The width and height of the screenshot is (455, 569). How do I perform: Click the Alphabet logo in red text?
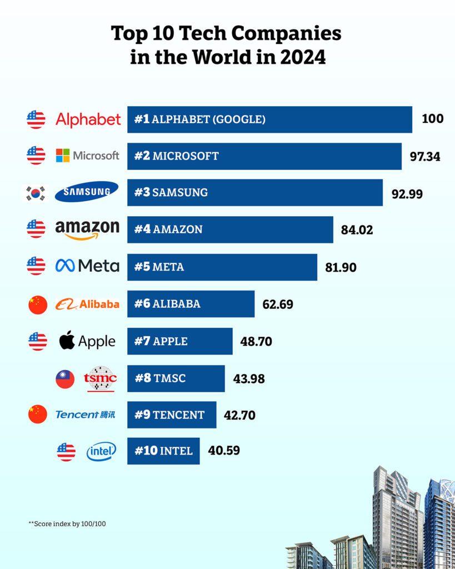pos(88,119)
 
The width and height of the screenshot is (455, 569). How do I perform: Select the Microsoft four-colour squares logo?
pos(63,156)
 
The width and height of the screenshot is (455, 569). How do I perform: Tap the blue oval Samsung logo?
pos(87,192)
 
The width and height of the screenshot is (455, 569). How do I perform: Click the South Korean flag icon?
pos(37,193)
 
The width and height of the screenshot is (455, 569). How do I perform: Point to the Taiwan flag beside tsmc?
pos(65,379)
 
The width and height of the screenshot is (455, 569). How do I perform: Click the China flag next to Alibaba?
pos(38,305)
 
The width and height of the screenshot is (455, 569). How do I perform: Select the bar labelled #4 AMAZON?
pos(230,229)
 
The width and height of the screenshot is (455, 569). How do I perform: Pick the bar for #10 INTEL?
pos(163,451)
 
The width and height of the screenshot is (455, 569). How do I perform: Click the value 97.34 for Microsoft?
pos(425,157)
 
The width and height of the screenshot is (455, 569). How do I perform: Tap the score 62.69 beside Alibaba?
pos(278,305)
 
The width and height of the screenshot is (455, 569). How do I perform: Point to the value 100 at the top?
pos(432,119)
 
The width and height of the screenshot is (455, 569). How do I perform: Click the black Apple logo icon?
pos(67,341)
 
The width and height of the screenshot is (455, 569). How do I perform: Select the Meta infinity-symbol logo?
pos(65,267)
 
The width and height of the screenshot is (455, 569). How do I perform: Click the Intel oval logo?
pos(101,452)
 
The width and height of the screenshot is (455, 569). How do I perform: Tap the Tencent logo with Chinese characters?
pos(86,415)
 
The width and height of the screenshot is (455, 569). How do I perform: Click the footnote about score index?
pos(67,523)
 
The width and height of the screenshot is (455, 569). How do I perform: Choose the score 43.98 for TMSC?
pos(249,379)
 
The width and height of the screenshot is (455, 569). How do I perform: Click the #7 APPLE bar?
pos(179,341)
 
